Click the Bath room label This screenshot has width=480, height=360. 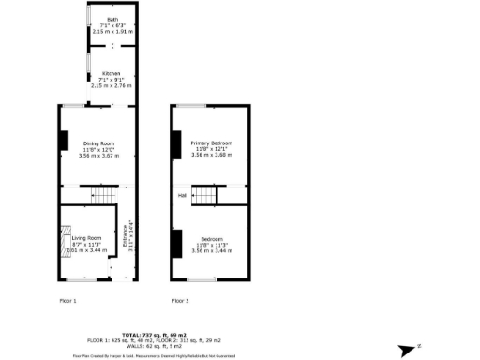(x=112, y=20)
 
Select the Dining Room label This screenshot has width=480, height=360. (x=97, y=142)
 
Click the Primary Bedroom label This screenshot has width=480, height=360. (x=211, y=142)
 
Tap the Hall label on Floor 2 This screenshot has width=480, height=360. (x=183, y=195)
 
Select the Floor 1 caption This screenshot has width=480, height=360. (x=67, y=301)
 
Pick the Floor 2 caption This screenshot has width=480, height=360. (x=180, y=301)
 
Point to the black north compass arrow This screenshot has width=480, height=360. (x=406, y=350)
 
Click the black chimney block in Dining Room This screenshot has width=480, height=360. (x=64, y=141)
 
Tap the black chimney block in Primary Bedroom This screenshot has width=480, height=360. (x=174, y=143)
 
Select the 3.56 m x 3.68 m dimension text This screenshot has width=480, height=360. (x=211, y=155)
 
